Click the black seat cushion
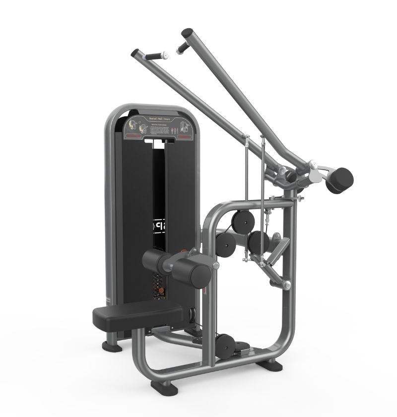[136, 313]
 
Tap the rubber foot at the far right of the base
[270, 365]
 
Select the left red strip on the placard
[132, 135]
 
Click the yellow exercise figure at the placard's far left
[132, 124]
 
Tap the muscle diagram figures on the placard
[184, 125]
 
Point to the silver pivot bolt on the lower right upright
[287, 284]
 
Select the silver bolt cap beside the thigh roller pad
[215, 267]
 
